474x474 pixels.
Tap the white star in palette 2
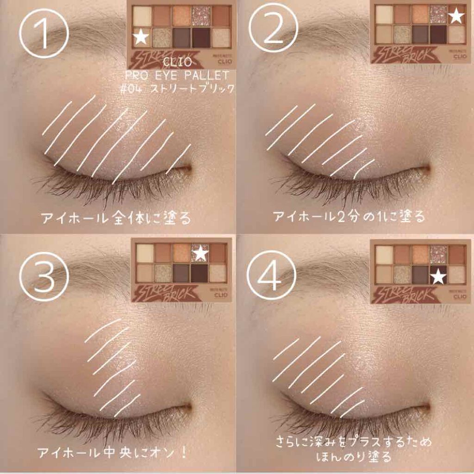click(456, 17)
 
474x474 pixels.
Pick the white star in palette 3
click(200, 253)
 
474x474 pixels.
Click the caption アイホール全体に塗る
click(116, 218)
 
